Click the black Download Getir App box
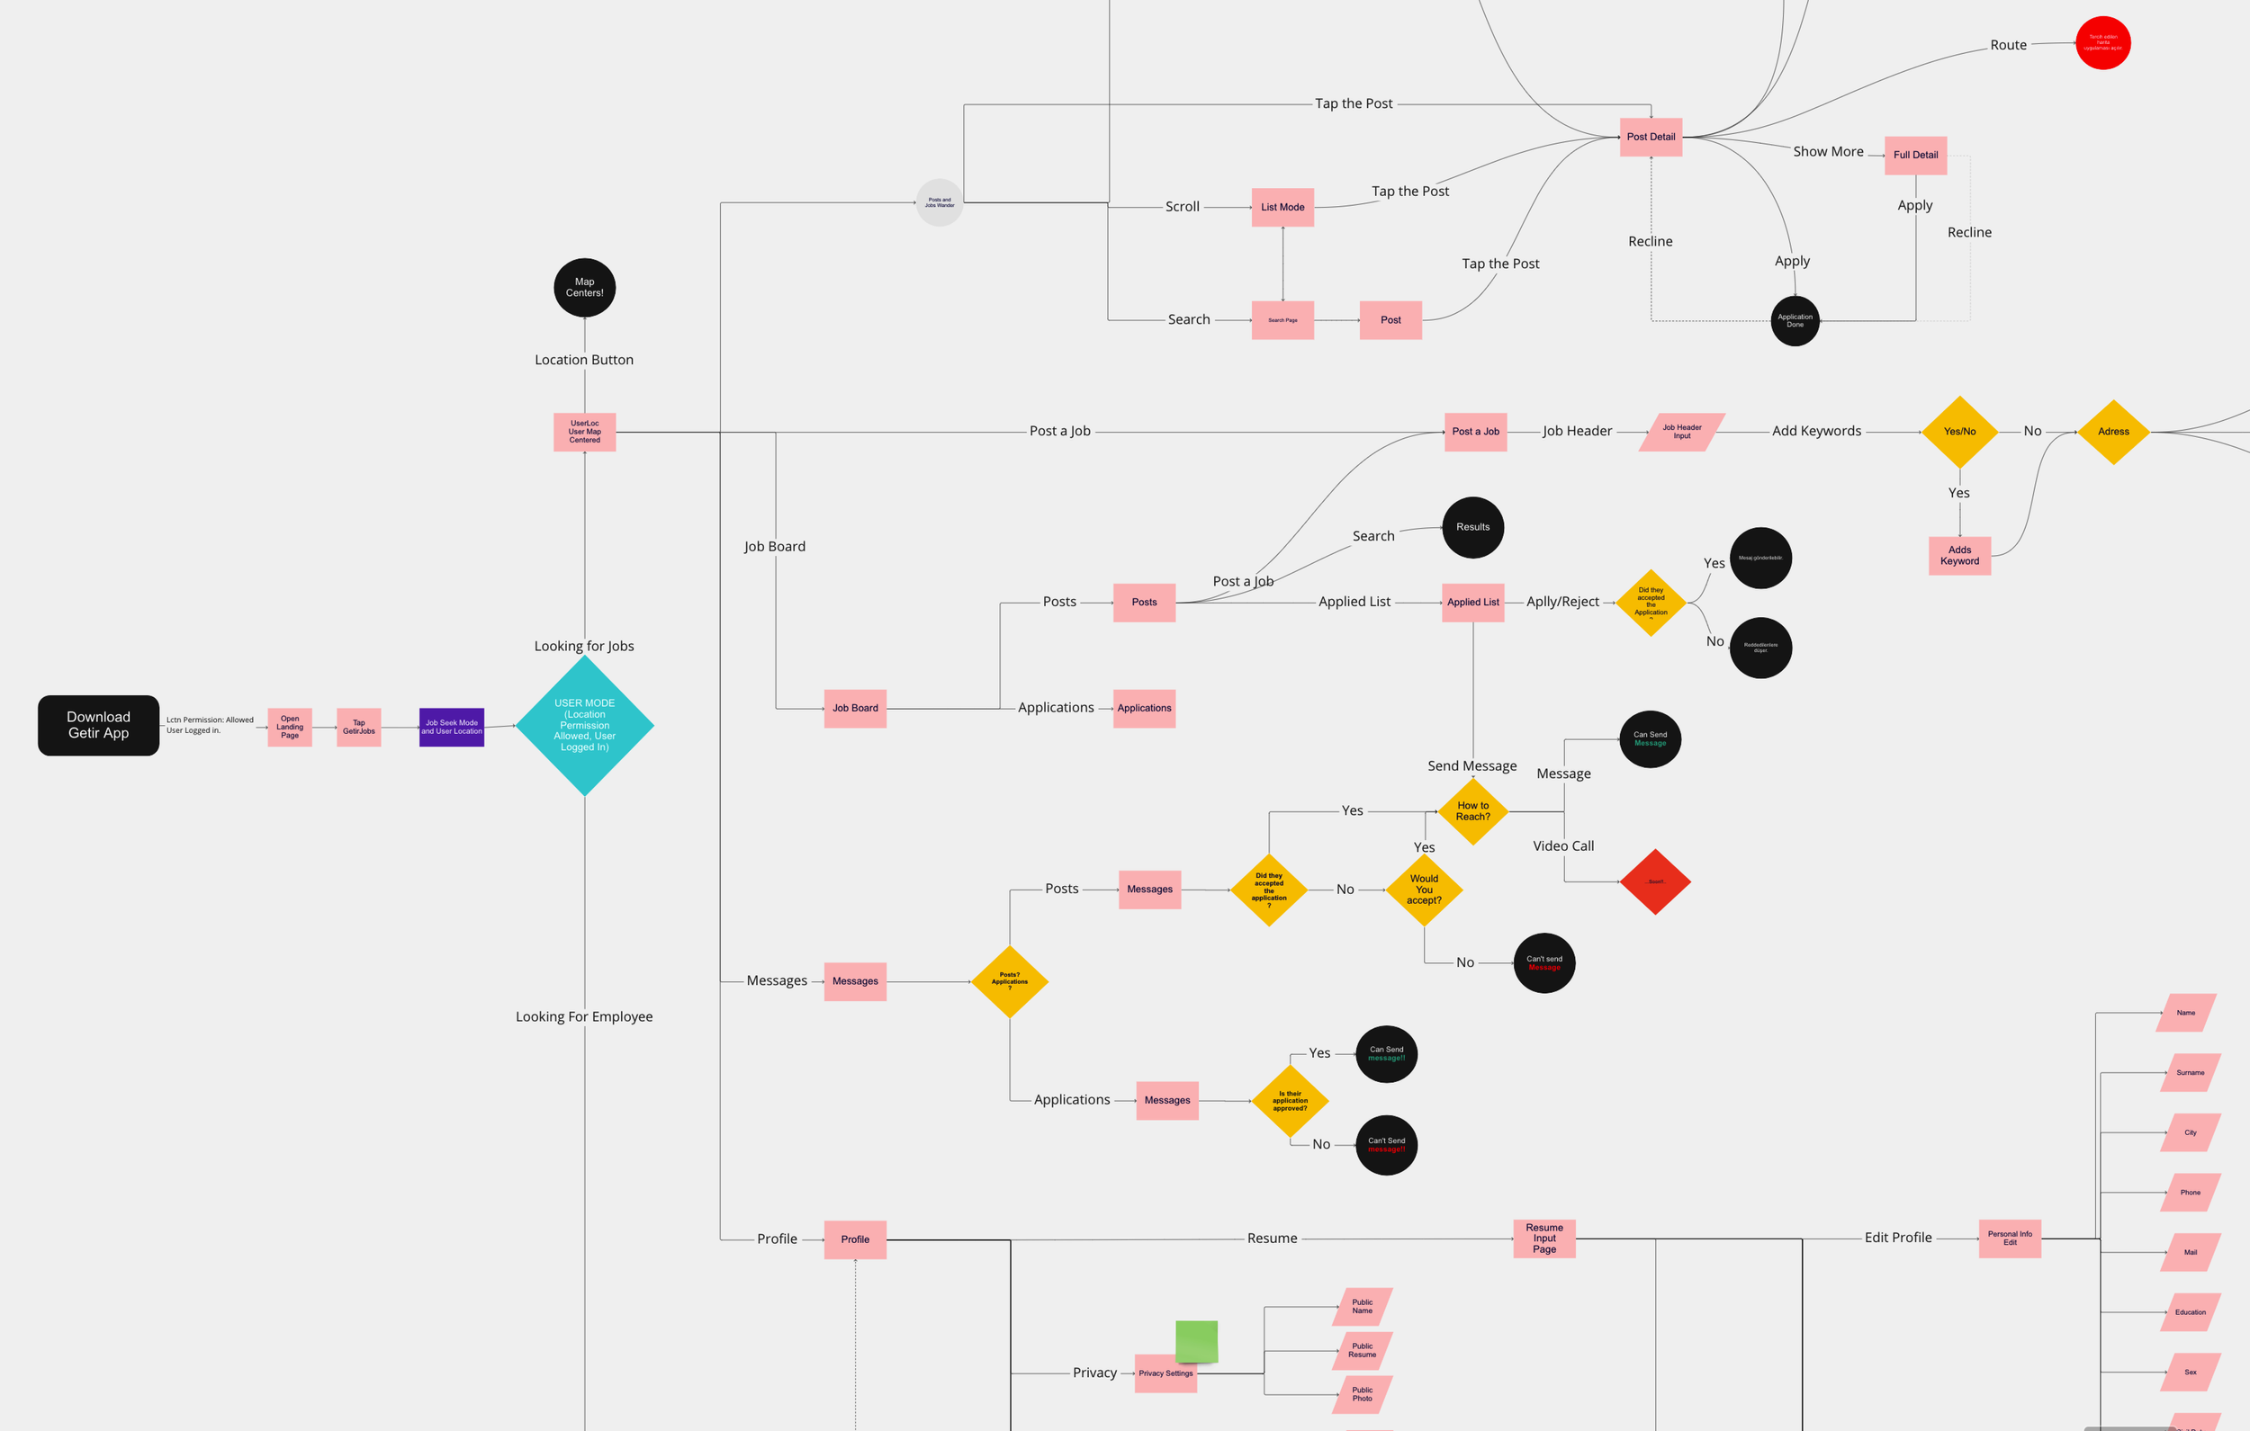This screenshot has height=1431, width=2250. [98, 725]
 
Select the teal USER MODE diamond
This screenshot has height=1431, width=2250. [585, 725]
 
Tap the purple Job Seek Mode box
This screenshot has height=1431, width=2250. [451, 727]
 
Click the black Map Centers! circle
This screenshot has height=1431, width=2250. [585, 288]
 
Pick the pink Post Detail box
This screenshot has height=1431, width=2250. [1651, 138]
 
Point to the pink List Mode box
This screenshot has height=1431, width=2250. [1282, 208]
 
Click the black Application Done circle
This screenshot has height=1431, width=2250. [1795, 320]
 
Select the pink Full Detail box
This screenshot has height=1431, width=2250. [1915, 155]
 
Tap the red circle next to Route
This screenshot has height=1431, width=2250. [2102, 43]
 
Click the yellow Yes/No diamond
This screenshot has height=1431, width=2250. [1959, 432]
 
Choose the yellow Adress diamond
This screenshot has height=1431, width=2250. [2113, 432]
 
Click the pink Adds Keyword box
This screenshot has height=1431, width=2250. [1959, 556]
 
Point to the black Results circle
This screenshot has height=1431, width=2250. [1472, 527]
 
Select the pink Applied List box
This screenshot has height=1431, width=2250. [1472, 603]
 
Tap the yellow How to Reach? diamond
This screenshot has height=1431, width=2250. [1472, 810]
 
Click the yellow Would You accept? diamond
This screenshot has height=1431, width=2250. [1424, 890]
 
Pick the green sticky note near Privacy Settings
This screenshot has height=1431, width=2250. [1196, 1341]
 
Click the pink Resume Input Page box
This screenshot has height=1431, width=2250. [1544, 1239]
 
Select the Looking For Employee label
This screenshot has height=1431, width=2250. [584, 1016]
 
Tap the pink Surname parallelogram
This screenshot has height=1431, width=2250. [2190, 1072]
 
